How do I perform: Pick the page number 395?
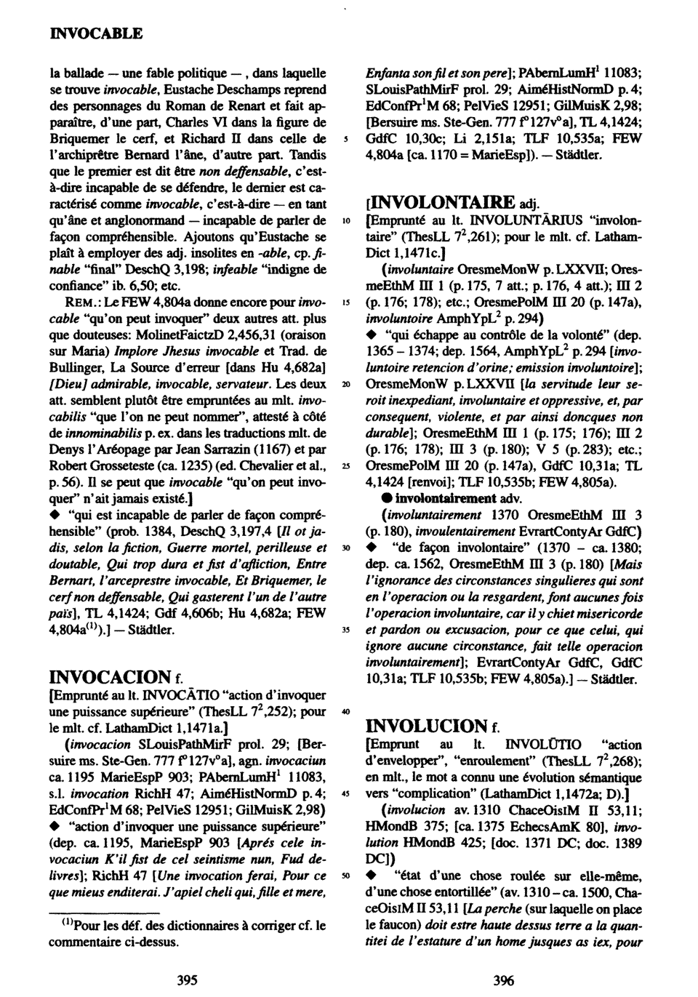click(x=188, y=980)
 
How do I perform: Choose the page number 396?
click(x=503, y=980)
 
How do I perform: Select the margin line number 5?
click(x=348, y=137)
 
